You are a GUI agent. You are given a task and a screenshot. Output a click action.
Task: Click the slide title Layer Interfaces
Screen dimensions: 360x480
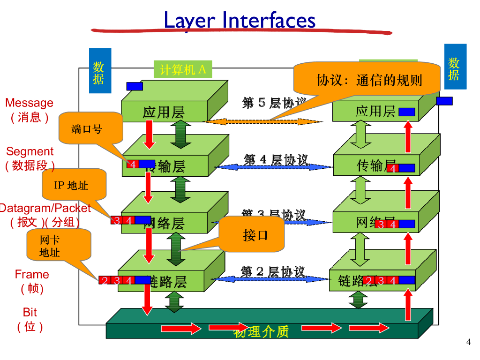[240, 21]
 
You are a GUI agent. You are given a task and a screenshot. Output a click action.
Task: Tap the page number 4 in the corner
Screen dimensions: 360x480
[468, 342]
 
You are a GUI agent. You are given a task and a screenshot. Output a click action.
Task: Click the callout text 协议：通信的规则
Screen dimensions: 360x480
[369, 80]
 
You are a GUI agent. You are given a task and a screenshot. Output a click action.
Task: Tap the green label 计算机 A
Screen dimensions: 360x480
[183, 70]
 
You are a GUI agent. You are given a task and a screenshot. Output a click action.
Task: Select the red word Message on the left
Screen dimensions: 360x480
[29, 103]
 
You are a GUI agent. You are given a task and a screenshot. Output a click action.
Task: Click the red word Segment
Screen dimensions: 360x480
[30, 151]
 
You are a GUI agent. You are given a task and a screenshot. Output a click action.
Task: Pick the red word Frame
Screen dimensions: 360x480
[32, 274]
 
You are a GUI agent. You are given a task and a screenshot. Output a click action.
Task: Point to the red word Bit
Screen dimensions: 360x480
[30, 312]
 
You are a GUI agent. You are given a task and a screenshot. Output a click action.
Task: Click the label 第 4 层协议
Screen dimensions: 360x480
[276, 160]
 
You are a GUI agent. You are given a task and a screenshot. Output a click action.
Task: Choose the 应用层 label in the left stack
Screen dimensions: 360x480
[164, 112]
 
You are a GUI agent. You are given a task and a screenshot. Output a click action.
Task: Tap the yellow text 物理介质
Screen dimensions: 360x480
[261, 332]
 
